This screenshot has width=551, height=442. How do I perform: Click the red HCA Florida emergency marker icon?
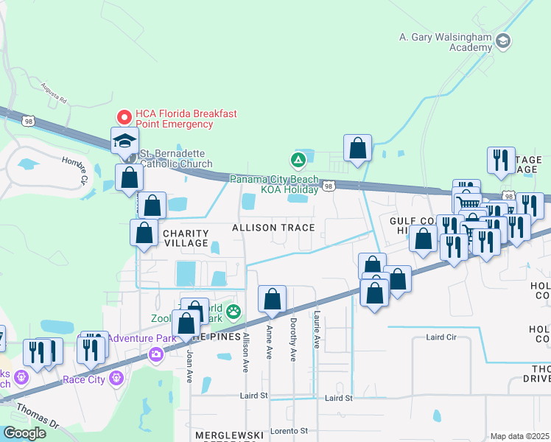[124, 116]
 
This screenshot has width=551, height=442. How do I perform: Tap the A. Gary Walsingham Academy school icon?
[503, 40]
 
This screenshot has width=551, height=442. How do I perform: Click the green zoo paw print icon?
[234, 312]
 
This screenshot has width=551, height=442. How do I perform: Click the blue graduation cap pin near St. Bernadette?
[124, 141]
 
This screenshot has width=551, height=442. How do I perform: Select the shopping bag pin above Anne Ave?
[272, 299]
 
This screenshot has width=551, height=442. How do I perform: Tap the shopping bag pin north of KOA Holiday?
[357, 148]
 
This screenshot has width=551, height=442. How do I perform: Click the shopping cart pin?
[466, 203]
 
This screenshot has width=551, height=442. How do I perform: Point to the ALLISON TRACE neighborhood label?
[273, 228]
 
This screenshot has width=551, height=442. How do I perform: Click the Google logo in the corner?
[24, 432]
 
